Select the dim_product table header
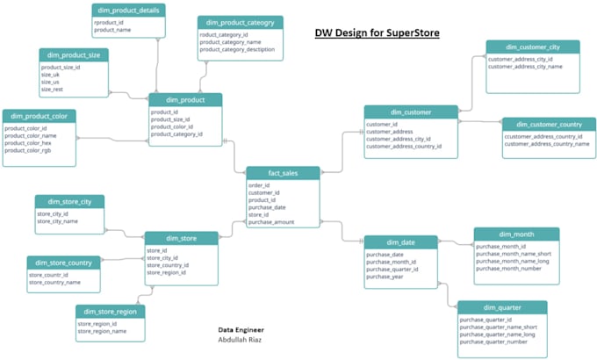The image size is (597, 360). point(184,99)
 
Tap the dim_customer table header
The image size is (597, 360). point(410,112)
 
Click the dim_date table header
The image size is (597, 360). point(400,241)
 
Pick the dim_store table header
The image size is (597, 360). point(181,237)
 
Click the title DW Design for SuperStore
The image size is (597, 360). point(377,33)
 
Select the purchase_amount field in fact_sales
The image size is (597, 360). point(273,223)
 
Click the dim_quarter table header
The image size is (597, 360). point(502,307)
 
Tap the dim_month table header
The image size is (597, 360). point(516,234)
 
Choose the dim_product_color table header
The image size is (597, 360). point(40,116)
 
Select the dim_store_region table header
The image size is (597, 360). point(110,311)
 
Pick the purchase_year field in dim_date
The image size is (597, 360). point(385,277)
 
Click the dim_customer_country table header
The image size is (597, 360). point(545,125)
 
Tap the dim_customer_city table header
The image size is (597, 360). point(532,47)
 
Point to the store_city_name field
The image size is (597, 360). point(57,221)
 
